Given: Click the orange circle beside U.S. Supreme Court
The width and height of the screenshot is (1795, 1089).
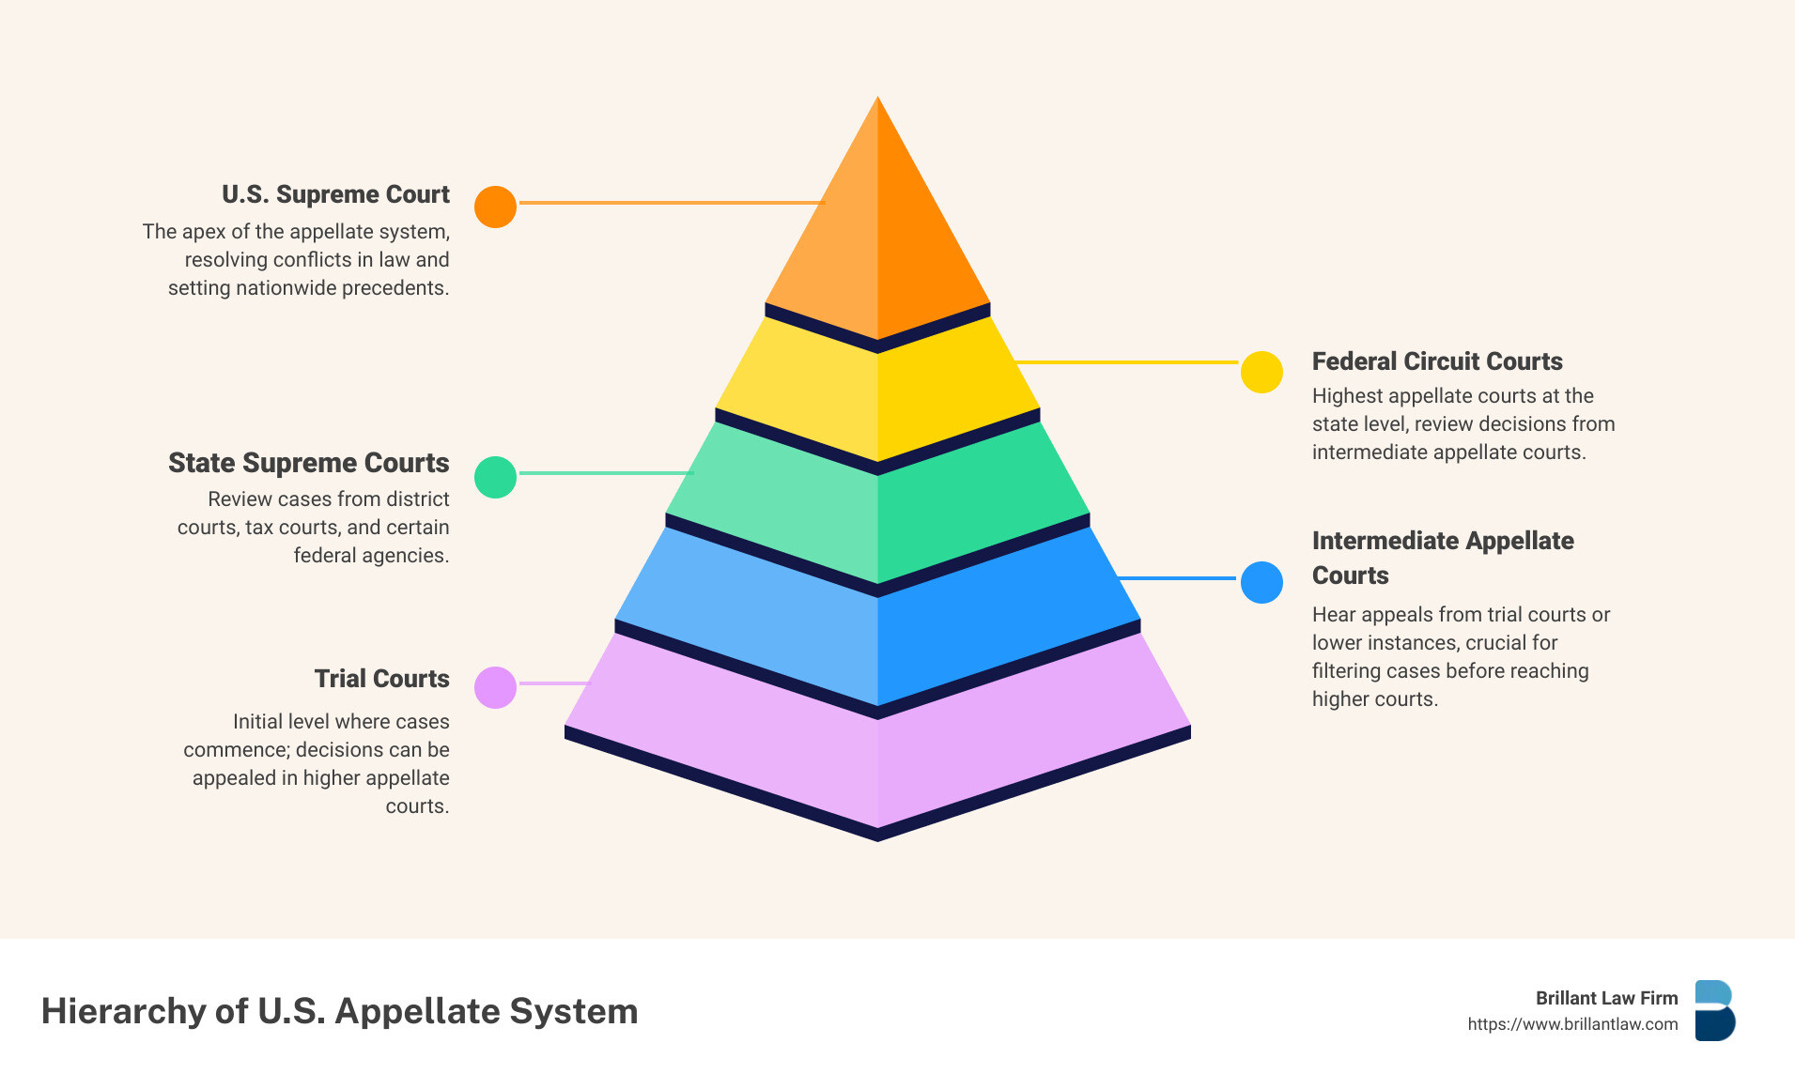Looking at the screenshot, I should (x=495, y=207).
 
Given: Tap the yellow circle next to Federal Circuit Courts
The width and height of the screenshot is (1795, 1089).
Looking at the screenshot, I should (x=1261, y=372).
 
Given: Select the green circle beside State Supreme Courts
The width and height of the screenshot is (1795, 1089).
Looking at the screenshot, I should (x=495, y=477).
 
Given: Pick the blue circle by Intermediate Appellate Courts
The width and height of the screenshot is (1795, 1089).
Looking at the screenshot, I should (x=1261, y=582).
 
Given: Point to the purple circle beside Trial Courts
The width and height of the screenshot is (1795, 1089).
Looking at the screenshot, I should (x=495, y=687).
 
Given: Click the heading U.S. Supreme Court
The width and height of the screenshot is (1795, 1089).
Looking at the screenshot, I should (x=335, y=194).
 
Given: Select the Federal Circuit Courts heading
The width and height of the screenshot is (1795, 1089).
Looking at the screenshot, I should (x=1436, y=361).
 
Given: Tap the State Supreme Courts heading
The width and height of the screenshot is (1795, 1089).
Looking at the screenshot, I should (x=308, y=463).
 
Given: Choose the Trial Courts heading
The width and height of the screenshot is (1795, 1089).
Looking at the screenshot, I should (x=381, y=679).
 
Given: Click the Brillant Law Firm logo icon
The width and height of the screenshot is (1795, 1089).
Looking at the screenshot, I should (x=1714, y=1011).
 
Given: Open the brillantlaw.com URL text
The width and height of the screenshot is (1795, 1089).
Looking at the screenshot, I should (x=1572, y=1024).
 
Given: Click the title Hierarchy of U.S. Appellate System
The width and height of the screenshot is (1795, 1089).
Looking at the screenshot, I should (x=339, y=1011).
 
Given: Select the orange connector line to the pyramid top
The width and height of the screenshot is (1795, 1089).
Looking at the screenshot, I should (x=671, y=202).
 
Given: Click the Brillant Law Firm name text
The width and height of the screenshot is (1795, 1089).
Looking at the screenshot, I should (x=1606, y=998).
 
